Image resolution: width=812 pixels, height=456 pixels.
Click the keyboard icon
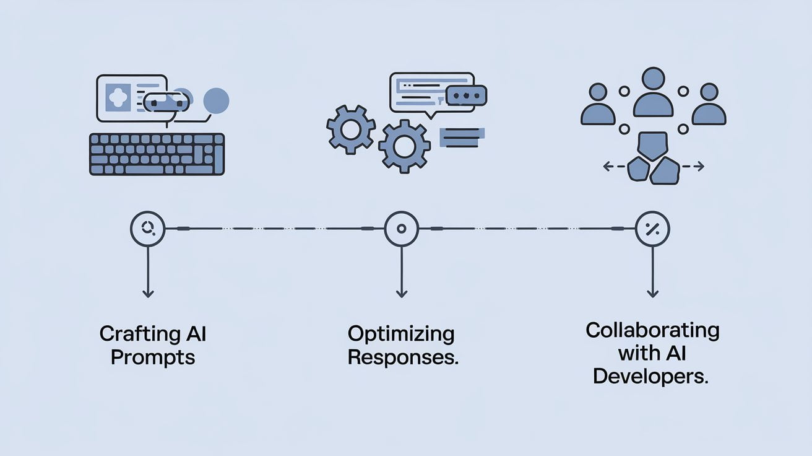click(x=157, y=154)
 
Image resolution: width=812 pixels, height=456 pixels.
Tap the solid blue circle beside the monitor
click(x=216, y=100)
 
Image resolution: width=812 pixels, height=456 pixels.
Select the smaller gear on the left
click(x=350, y=129)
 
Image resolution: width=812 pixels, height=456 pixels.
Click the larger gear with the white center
click(x=404, y=146)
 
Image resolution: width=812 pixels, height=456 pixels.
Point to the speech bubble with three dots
click(x=466, y=95)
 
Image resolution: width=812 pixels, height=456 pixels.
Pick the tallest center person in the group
click(x=653, y=93)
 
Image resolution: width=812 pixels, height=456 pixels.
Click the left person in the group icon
click(x=598, y=105)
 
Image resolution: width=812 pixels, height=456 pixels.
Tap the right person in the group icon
click(x=709, y=105)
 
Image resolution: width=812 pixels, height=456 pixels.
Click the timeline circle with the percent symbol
click(x=652, y=229)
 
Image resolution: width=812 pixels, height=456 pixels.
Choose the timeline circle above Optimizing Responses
click(x=401, y=229)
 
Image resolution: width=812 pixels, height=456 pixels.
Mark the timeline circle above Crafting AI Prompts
click(x=147, y=229)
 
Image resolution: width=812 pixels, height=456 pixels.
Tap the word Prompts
click(x=153, y=357)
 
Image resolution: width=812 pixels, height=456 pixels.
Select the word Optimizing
click(x=401, y=335)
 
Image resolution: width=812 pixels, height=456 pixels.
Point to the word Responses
click(x=402, y=357)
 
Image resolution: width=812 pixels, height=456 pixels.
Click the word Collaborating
click(x=652, y=330)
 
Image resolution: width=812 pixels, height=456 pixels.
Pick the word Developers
click(x=650, y=376)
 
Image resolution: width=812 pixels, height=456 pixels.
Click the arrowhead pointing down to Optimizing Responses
click(x=401, y=293)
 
